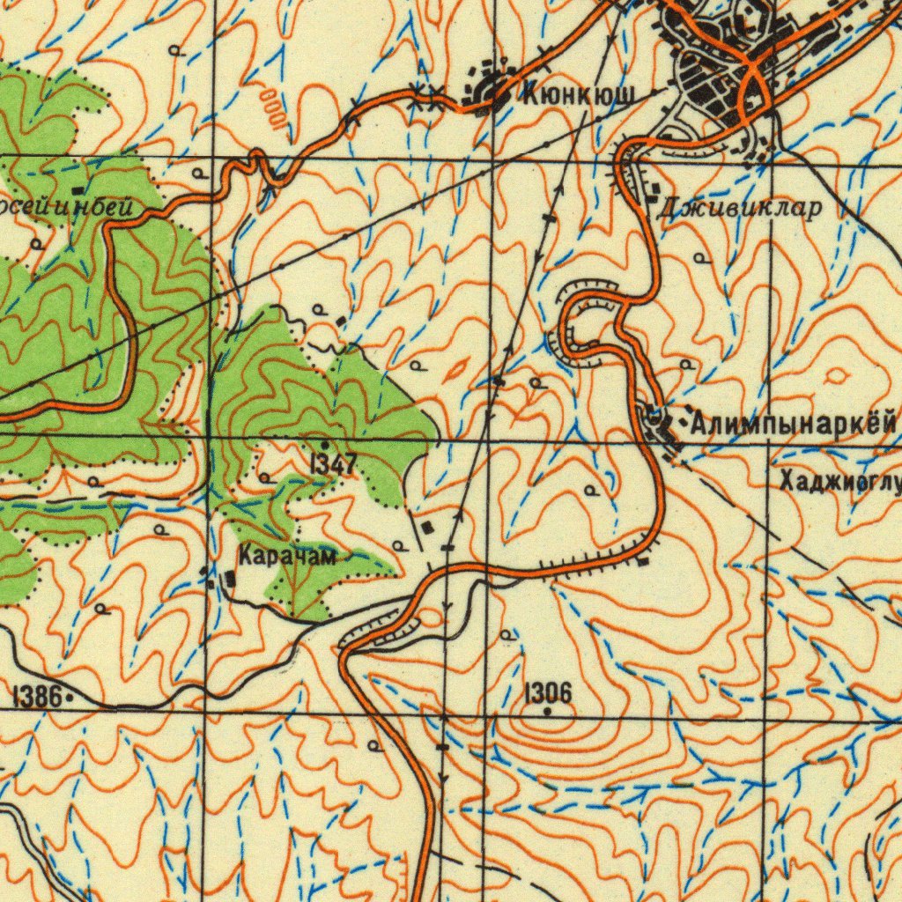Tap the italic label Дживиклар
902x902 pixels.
pyautogui.click(x=739, y=208)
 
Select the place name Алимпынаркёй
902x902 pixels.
pyautogui.click(x=793, y=425)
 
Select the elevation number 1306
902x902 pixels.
pyautogui.click(x=548, y=692)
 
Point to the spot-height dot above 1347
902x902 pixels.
pyautogui.click(x=325, y=445)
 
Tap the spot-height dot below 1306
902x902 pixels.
pyautogui.click(x=548, y=710)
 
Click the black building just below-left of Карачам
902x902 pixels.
pyautogui.click(x=230, y=579)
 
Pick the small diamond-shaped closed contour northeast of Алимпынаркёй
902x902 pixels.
pyautogui.click(x=836, y=376)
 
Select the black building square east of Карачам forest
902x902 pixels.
pyautogui.click(x=428, y=527)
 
